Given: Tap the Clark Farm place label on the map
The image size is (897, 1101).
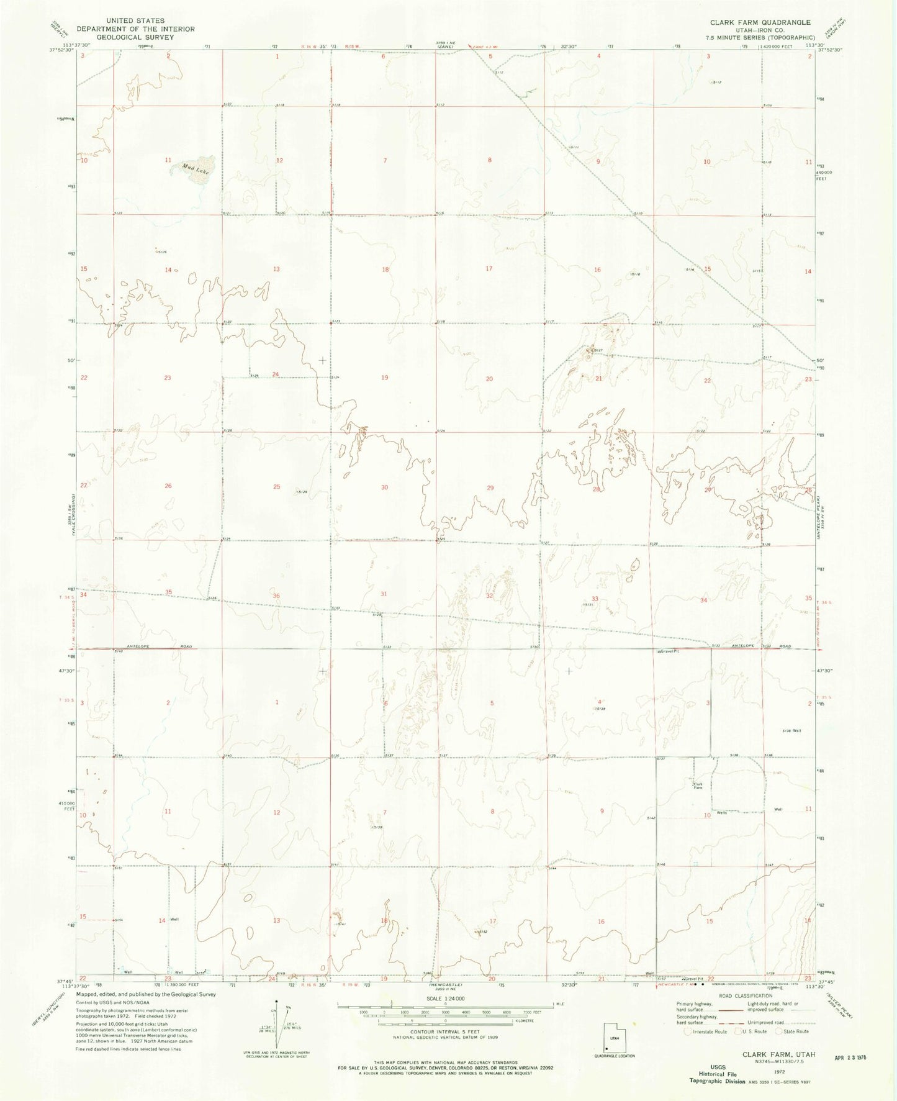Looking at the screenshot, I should click(698, 786).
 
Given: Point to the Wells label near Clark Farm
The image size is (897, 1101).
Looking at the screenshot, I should click(721, 813).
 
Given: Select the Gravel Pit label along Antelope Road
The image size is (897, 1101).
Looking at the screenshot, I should click(667, 651).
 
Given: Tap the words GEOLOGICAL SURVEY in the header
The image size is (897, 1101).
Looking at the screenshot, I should click(135, 37).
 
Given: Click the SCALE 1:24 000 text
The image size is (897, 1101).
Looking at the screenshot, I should click(445, 1015).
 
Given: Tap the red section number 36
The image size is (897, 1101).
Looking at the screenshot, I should click(276, 596).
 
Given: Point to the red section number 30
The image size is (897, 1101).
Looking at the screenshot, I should click(384, 487).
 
